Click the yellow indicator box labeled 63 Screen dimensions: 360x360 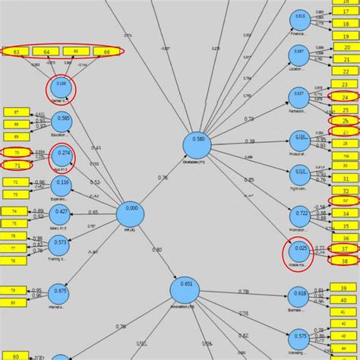(17, 52)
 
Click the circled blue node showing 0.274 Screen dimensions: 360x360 (62, 156)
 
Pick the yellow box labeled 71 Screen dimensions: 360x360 (17, 165)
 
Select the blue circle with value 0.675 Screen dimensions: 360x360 (60, 294)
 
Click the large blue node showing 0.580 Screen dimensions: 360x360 (197, 143)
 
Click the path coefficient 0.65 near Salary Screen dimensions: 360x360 (93, 213)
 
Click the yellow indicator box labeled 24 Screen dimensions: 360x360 (345, 97)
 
